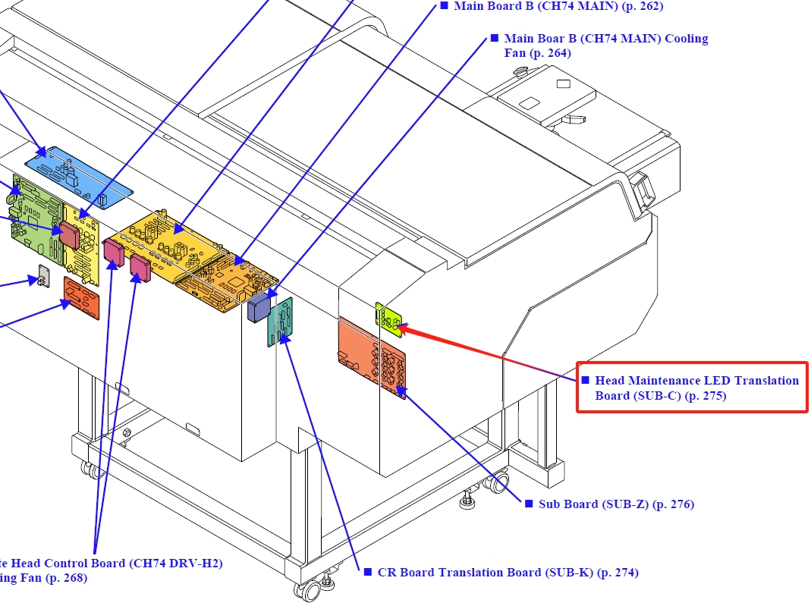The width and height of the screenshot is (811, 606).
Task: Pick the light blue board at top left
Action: coord(78,176)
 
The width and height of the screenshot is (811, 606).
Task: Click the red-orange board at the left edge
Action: coord(81,298)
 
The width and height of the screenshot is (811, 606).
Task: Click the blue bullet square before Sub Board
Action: coord(529,504)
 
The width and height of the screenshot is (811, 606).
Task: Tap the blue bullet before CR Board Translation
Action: coord(368,572)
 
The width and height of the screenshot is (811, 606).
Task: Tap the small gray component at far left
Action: coord(43,276)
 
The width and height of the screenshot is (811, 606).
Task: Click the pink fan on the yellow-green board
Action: coord(70,235)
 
